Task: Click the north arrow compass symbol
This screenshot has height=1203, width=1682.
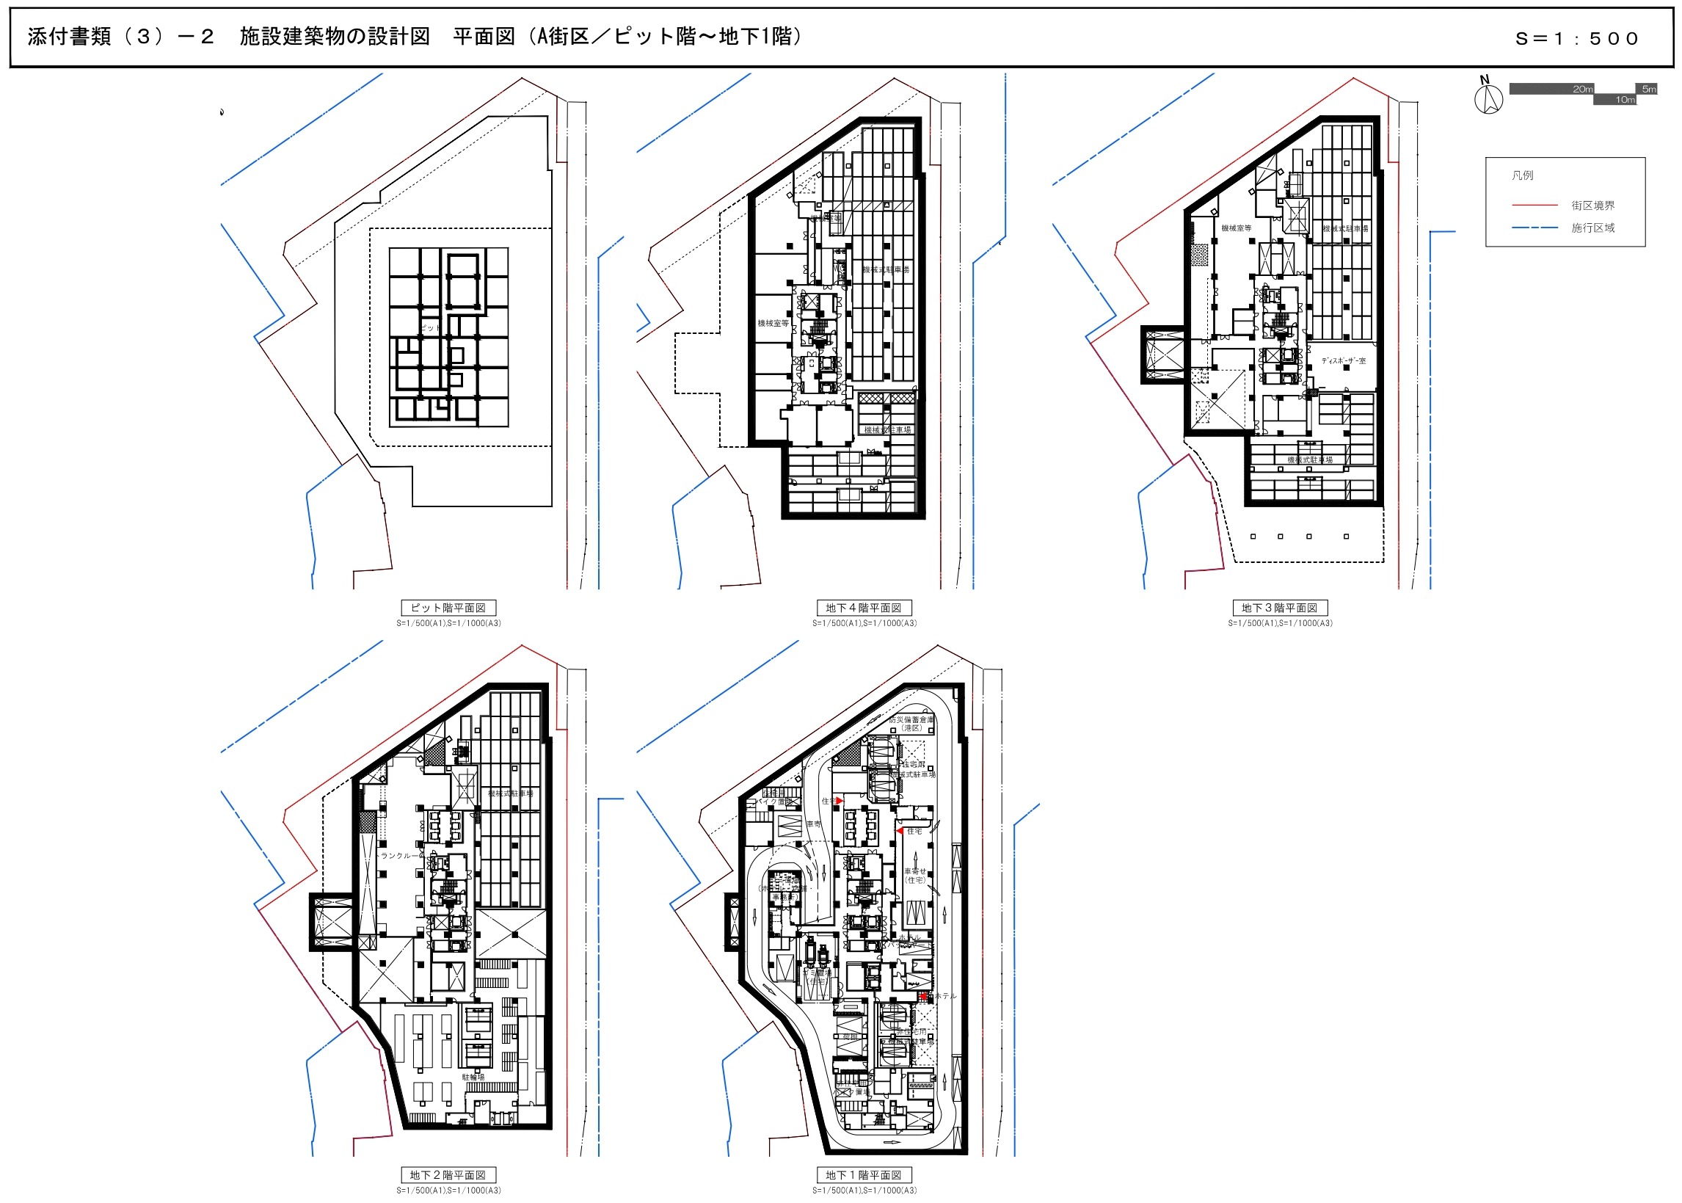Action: (1488, 97)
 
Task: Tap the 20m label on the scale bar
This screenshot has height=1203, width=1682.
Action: (1582, 89)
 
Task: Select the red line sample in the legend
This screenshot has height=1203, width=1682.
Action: (1534, 206)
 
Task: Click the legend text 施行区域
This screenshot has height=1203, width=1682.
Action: (1592, 228)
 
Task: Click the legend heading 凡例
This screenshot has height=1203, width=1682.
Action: (1522, 175)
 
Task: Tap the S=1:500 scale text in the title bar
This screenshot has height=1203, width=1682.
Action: (1576, 38)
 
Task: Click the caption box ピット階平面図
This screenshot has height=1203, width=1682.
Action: (448, 608)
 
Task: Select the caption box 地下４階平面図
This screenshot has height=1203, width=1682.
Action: (864, 608)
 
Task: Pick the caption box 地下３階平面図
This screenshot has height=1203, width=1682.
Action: (1279, 608)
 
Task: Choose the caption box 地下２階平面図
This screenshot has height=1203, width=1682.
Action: (448, 1175)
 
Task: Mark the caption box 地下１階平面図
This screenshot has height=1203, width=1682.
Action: (864, 1175)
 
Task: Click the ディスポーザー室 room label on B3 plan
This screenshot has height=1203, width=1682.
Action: (1343, 360)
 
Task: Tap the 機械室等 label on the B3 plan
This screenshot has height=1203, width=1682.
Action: (1236, 228)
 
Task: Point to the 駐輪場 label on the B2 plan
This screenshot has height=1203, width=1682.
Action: (473, 1077)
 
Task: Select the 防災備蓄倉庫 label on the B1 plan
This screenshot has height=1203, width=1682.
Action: (911, 723)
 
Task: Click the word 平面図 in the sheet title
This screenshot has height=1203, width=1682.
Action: (484, 37)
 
